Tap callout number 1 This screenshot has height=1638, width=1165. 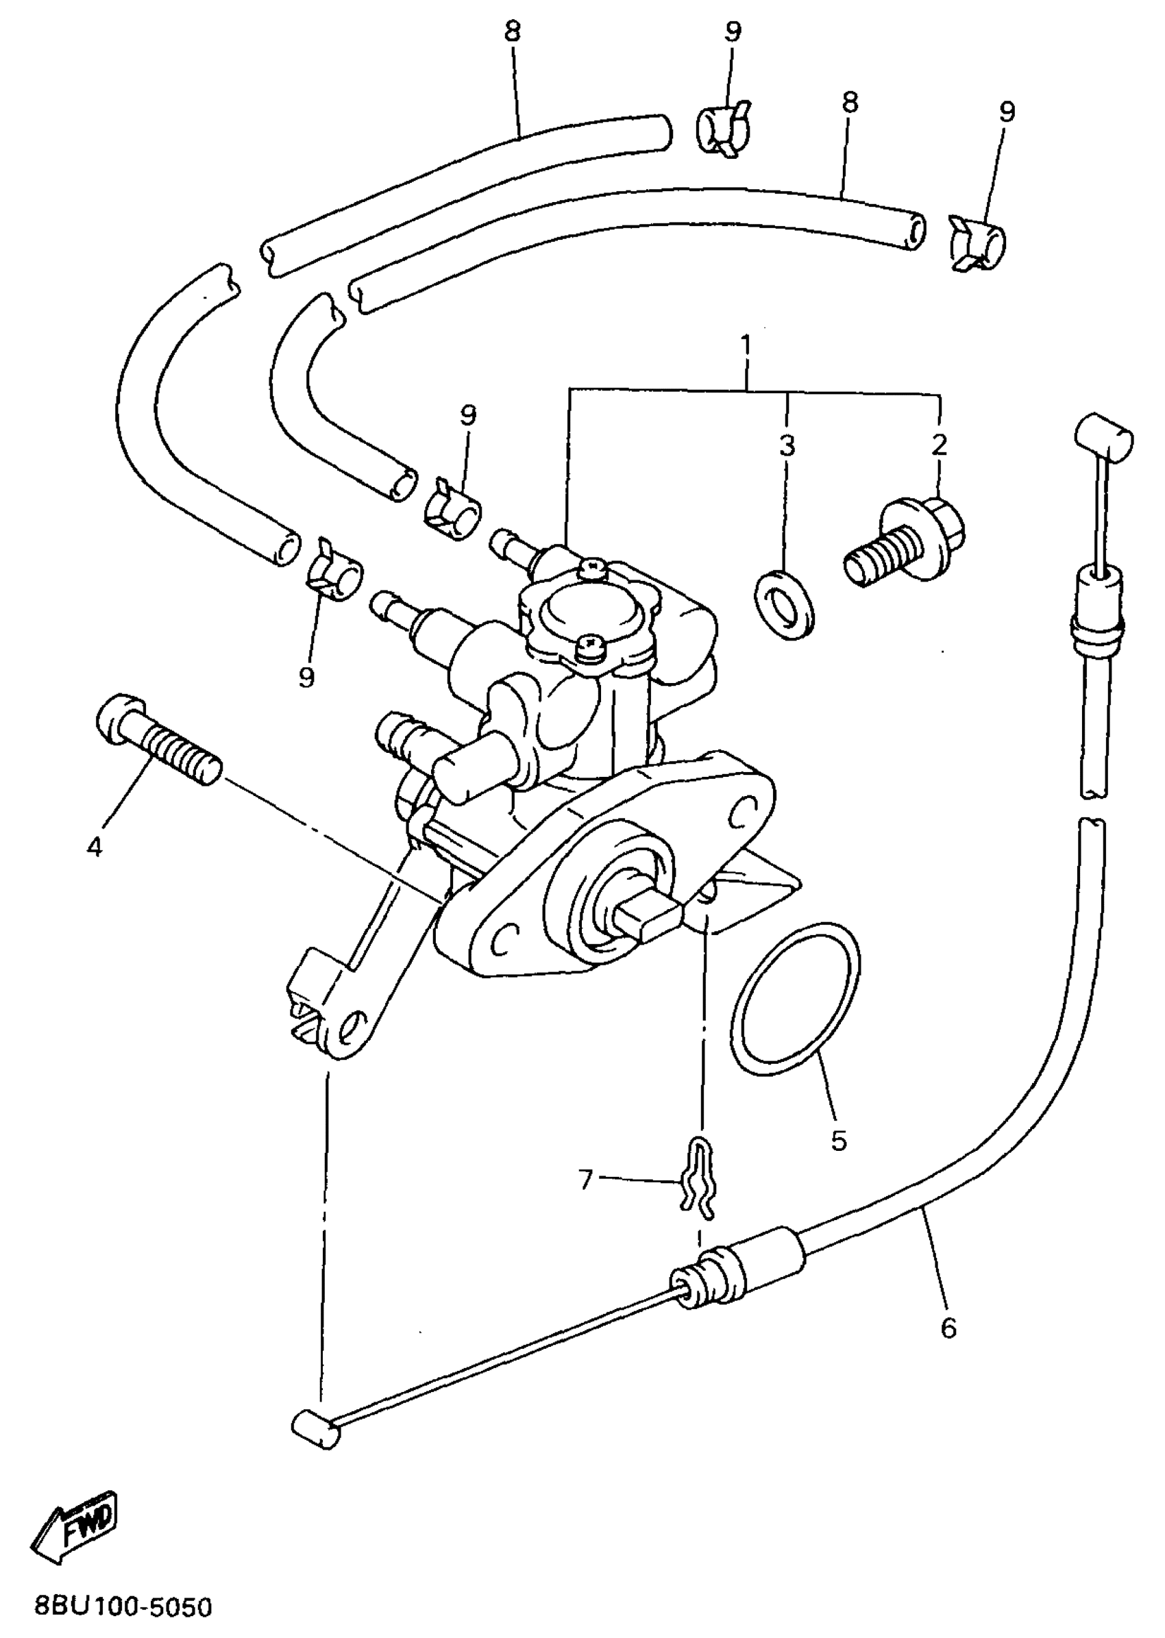[x=746, y=347]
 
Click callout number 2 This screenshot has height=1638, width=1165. [x=939, y=445]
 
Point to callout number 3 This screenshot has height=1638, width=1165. [x=787, y=445]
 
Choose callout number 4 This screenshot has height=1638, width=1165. [x=94, y=847]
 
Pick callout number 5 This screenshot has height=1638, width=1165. [x=839, y=1139]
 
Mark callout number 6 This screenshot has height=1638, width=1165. [x=948, y=1329]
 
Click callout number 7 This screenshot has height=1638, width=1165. [x=586, y=1179]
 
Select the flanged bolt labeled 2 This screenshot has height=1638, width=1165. [x=905, y=542]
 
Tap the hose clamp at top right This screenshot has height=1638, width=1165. [x=977, y=243]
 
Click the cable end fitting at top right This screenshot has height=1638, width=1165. [x=1103, y=435]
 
